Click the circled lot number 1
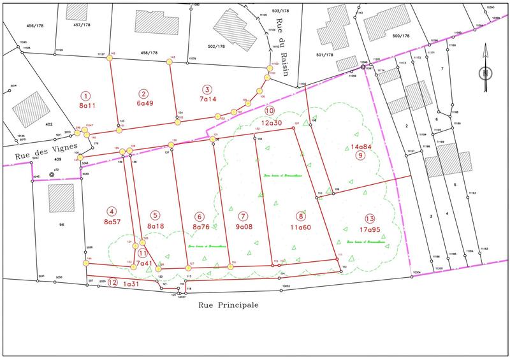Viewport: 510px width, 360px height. click(x=87, y=95)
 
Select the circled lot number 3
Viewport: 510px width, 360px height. click(x=206, y=89)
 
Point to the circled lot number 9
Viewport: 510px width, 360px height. click(x=360, y=155)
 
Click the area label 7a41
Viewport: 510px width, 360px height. click(x=145, y=263)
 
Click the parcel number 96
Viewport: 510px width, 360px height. click(x=62, y=224)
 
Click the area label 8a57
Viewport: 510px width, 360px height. click(x=112, y=221)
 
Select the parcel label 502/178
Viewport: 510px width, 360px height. click(x=218, y=47)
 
